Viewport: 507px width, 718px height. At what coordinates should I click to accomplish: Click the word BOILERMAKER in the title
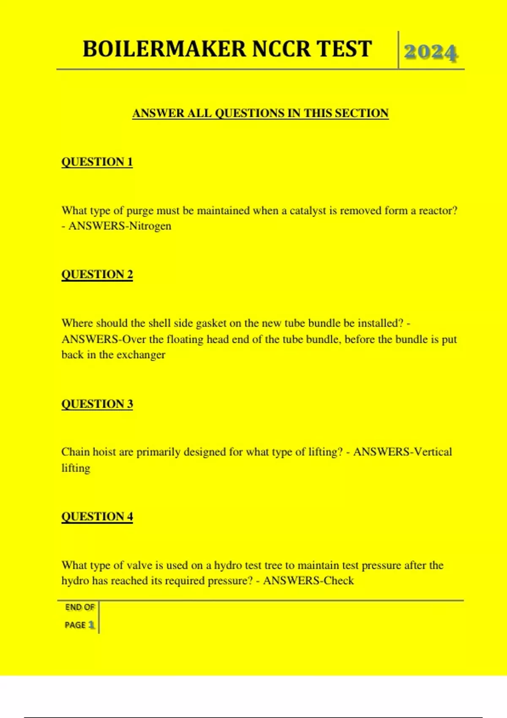pyautogui.click(x=164, y=49)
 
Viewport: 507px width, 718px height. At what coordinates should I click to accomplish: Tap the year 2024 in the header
pyautogui.click(x=430, y=53)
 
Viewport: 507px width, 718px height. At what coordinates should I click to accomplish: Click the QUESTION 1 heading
pyautogui.click(x=97, y=162)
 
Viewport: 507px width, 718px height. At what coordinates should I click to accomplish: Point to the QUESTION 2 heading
pyautogui.click(x=97, y=275)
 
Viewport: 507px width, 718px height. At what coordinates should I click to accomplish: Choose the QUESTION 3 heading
pyautogui.click(x=97, y=404)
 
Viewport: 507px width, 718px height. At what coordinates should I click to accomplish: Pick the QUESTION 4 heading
pyautogui.click(x=97, y=517)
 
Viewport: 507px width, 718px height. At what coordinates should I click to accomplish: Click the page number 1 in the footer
pyautogui.click(x=91, y=625)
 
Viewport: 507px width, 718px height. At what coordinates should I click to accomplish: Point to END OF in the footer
pyautogui.click(x=80, y=607)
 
